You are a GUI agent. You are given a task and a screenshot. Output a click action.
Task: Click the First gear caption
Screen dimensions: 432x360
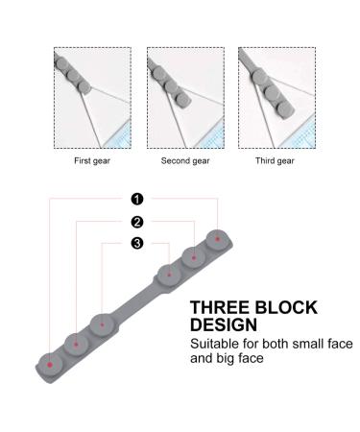coord(91,161)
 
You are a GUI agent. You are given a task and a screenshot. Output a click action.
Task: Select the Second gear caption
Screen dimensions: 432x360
coord(185,161)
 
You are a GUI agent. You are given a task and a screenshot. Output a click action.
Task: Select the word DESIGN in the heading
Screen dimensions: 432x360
coord(224,325)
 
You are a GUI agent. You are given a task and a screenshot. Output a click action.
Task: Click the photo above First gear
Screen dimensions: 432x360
coord(91,92)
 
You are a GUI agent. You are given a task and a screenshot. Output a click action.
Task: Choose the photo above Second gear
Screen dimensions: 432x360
coord(185,92)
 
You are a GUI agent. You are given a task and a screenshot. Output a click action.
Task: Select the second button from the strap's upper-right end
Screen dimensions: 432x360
coord(194,256)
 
